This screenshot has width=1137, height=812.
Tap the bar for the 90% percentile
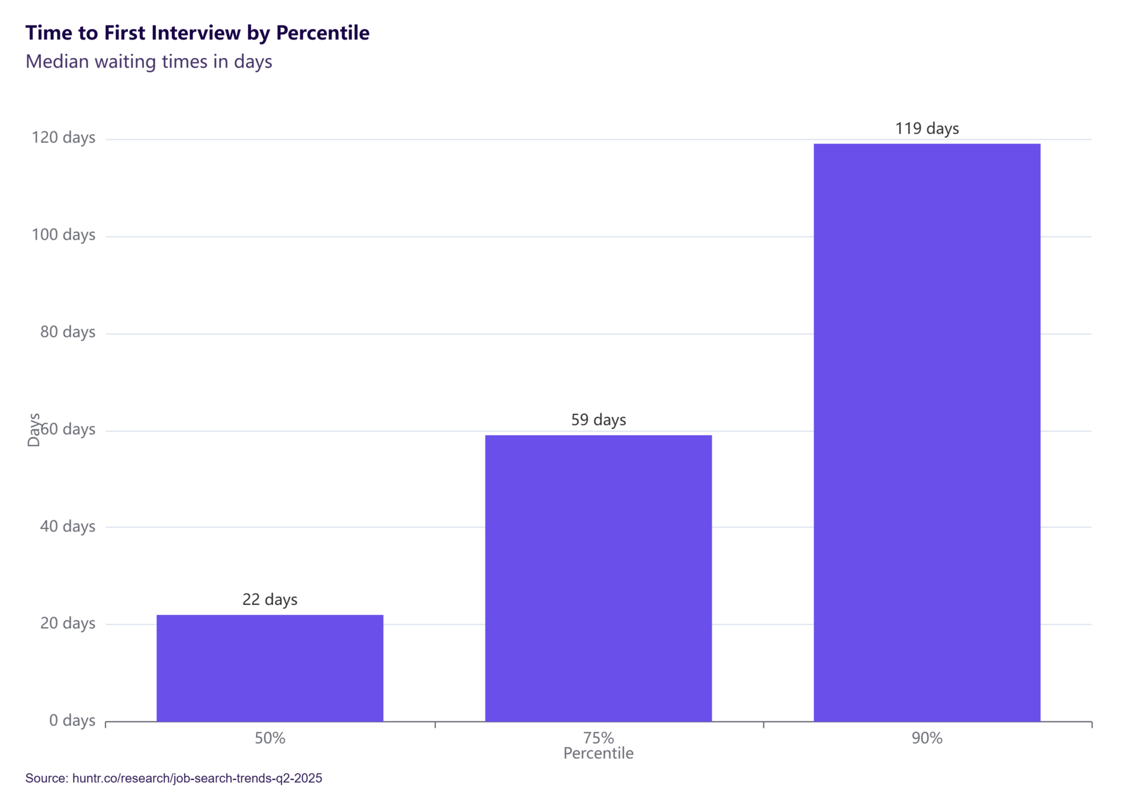(927, 432)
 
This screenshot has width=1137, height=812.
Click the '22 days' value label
(269, 600)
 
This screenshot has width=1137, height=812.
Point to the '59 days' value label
(598, 420)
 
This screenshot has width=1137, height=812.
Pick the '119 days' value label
(927, 128)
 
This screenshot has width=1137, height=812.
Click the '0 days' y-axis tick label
(72, 720)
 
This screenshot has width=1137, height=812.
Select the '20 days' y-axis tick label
(68, 623)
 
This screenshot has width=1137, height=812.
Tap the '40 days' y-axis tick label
(68, 526)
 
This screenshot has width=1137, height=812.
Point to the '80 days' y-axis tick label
(68, 332)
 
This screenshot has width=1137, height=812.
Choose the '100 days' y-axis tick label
(63, 235)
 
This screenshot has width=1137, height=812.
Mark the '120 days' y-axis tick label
(63, 137)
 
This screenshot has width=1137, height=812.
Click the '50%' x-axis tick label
(269, 738)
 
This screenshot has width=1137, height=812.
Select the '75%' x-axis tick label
(598, 738)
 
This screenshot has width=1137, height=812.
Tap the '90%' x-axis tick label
(927, 738)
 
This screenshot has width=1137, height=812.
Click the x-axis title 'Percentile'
(598, 753)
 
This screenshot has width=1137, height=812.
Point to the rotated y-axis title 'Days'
(34, 430)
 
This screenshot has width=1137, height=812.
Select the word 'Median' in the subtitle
(57, 62)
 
